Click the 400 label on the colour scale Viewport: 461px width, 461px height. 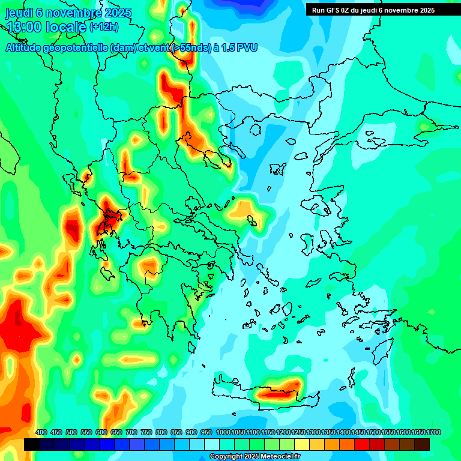point(41,432)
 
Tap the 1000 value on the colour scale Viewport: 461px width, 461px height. point(223,432)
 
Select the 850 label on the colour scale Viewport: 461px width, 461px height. point(176,432)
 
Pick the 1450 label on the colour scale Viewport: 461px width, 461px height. point(358,432)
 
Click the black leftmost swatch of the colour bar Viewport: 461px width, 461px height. point(32,444)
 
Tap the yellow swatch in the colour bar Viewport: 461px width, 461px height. point(302,444)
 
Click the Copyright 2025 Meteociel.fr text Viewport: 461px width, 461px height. point(255,457)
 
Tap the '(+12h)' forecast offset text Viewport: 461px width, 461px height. point(104,26)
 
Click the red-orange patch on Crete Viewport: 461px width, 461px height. point(278,393)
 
